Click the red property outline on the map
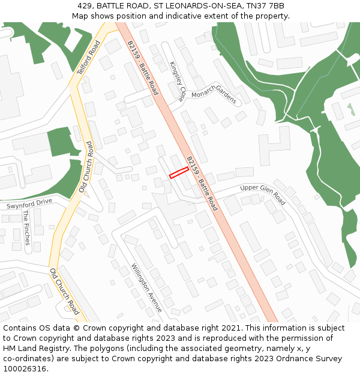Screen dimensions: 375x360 coord(179,173)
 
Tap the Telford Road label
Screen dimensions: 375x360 coord(88,58)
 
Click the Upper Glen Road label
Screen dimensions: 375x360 coord(263,195)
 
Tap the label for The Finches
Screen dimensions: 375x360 coord(26,227)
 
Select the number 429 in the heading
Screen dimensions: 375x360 coord(85,6)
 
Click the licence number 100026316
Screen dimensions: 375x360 coord(25,368)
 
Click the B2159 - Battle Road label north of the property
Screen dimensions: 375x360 coord(142,67)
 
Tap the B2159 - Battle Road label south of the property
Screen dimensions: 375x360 coord(202,183)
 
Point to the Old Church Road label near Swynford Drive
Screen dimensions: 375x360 coord(86,167)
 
